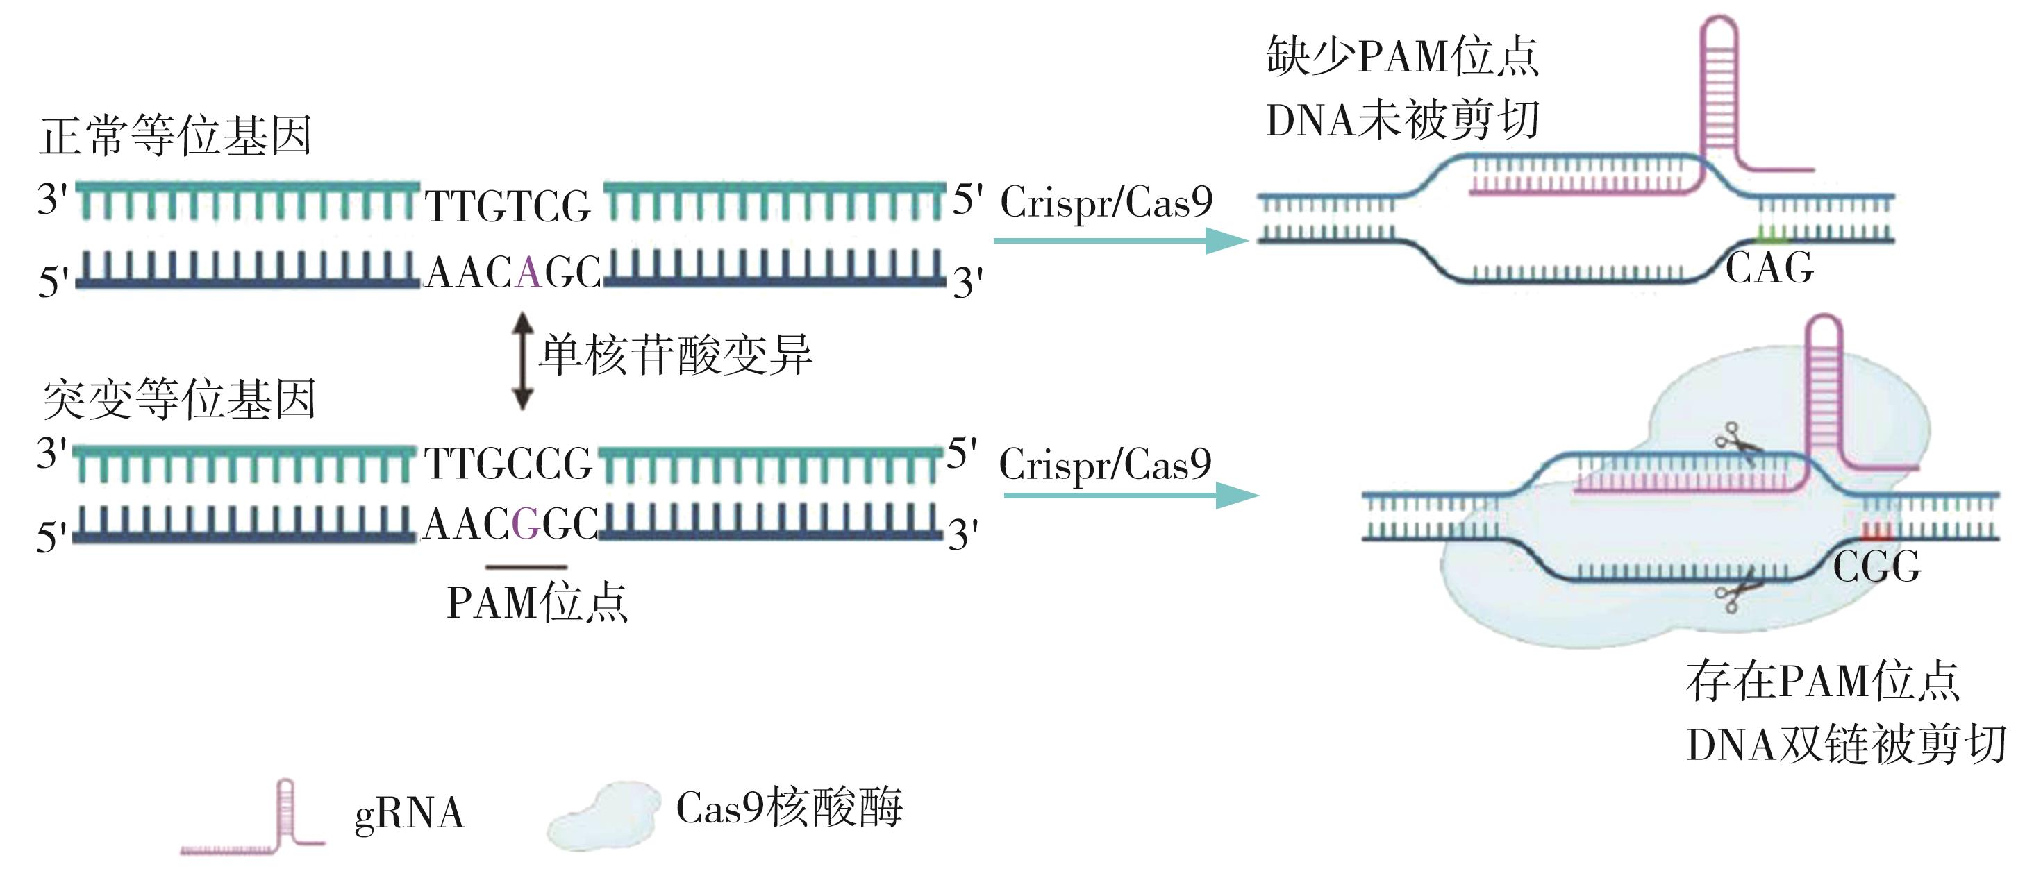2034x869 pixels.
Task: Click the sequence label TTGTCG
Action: point(508,207)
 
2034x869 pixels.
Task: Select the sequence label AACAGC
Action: point(512,273)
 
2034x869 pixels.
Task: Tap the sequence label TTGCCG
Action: point(508,464)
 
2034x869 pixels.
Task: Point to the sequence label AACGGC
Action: point(510,523)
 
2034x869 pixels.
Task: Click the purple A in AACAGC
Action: point(529,273)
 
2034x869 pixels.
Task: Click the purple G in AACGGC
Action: point(526,523)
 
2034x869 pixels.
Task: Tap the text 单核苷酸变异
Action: point(675,355)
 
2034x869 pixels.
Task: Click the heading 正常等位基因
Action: point(175,136)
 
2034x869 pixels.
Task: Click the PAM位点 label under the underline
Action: point(537,604)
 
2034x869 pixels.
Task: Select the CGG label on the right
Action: point(1876,566)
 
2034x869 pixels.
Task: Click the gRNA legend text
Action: point(409,813)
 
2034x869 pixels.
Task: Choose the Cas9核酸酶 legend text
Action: point(789,807)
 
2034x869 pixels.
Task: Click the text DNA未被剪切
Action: point(1402,121)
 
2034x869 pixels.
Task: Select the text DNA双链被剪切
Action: point(1845,745)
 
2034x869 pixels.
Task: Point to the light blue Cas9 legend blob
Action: point(604,817)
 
